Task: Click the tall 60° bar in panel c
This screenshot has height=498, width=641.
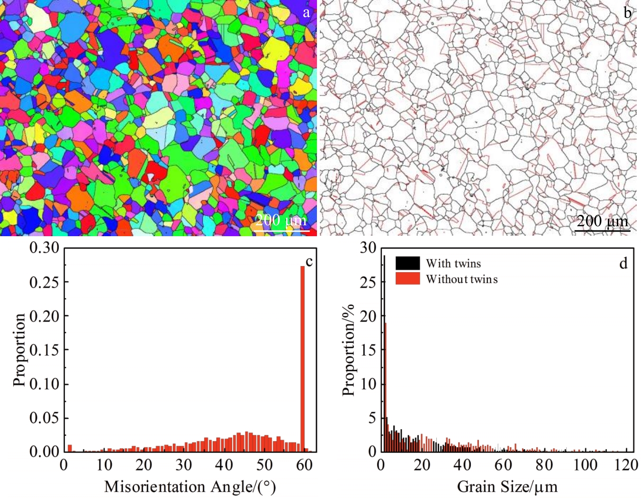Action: pyautogui.click(x=303, y=358)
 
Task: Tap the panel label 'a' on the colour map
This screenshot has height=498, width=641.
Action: pyautogui.click(x=307, y=12)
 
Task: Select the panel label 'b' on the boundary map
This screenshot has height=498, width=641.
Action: pyautogui.click(x=627, y=13)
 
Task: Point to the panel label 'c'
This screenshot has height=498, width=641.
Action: pyautogui.click(x=309, y=261)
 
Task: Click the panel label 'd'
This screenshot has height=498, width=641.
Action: pyautogui.click(x=623, y=263)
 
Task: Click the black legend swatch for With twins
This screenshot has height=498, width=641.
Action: pyautogui.click(x=407, y=263)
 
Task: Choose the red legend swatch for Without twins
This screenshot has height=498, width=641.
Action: pyautogui.click(x=407, y=278)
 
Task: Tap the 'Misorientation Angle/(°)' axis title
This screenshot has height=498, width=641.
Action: pyautogui.click(x=190, y=487)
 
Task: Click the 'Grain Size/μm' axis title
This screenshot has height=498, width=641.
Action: pyautogui.click(x=507, y=487)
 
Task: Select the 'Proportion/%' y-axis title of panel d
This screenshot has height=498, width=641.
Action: pyautogui.click(x=349, y=350)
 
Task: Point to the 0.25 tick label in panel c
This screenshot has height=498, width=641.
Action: pyautogui.click(x=44, y=282)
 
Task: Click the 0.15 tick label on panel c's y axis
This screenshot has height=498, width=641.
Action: pyautogui.click(x=44, y=350)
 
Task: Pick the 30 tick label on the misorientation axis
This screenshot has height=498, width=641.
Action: pyautogui.click(x=184, y=465)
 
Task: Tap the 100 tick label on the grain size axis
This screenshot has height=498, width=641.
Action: pyautogui.click(x=586, y=465)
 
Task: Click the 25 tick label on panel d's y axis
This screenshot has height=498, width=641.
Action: pyautogui.click(x=368, y=282)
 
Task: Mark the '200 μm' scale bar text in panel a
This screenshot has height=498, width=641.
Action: pyautogui.click(x=280, y=220)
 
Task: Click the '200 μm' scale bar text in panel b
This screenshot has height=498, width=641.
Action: pyautogui.click(x=602, y=221)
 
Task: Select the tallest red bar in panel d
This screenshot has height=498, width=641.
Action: pyautogui.click(x=386, y=387)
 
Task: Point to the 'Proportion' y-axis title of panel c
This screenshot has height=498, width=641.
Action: pyautogui.click(x=19, y=350)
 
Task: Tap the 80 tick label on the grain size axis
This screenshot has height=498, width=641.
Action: pyautogui.click(x=544, y=465)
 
